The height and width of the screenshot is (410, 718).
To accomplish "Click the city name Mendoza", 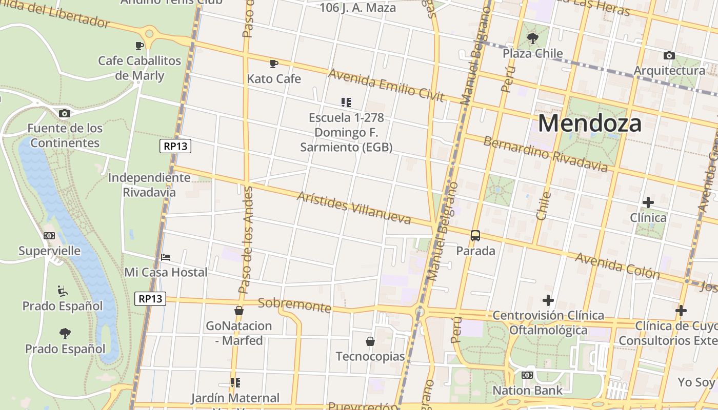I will click(590, 124).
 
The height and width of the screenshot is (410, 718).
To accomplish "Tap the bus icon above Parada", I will click(475, 236).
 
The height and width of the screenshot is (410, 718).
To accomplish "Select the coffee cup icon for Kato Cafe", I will click(274, 64).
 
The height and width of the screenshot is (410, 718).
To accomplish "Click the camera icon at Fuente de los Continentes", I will click(64, 113).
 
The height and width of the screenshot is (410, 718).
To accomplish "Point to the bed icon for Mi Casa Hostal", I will click(166, 257).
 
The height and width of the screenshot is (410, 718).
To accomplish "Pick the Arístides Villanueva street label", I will click(354, 208).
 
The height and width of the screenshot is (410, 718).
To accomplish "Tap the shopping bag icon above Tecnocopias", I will click(370, 341).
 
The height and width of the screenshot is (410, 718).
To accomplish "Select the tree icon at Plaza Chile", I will click(533, 38).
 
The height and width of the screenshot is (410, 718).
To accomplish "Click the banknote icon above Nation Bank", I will click(527, 375).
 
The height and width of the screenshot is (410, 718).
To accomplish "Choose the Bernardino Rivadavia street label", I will click(545, 154).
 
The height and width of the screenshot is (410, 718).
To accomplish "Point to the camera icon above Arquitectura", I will click(669, 55).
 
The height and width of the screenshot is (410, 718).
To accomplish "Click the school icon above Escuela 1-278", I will click(346, 102).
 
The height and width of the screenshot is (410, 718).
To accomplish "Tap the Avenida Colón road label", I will click(617, 265).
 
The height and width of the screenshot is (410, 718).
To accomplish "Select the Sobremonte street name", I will click(294, 304).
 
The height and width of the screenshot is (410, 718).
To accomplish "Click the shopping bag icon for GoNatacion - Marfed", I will click(238, 311).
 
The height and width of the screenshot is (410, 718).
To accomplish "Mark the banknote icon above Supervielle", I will click(49, 236).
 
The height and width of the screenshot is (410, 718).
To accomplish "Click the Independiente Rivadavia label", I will click(149, 185).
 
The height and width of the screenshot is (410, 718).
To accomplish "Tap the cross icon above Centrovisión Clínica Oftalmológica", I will click(548, 300).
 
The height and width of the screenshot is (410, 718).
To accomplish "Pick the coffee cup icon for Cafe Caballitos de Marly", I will click(139, 46).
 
